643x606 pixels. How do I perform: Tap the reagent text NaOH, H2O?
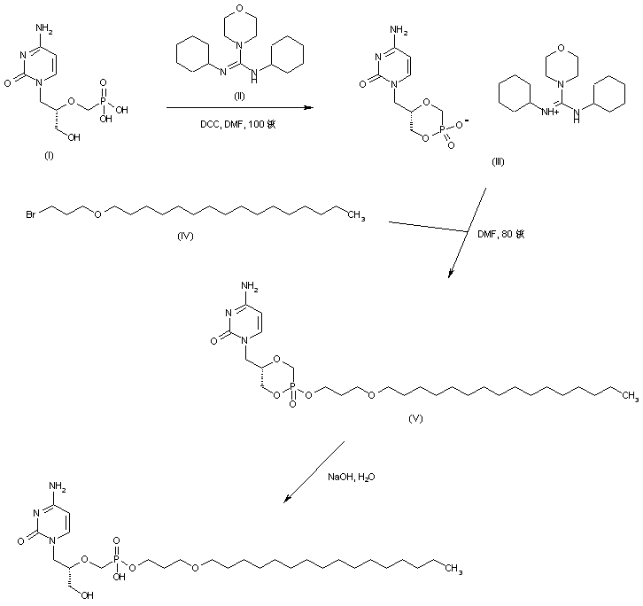point(352,478)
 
